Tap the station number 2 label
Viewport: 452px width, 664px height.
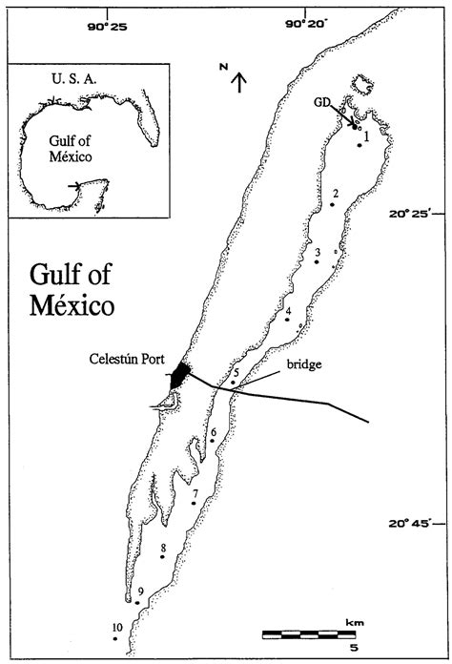pyautogui.click(x=336, y=194)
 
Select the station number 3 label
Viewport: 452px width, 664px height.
pyautogui.click(x=317, y=252)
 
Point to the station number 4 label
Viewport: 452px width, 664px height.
pyautogui.click(x=288, y=310)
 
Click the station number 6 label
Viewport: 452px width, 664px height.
pyautogui.click(x=214, y=433)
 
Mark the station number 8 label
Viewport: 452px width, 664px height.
pyautogui.click(x=164, y=548)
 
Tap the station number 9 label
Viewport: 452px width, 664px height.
pyautogui.click(x=140, y=592)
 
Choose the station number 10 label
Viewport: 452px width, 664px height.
pyautogui.click(x=116, y=627)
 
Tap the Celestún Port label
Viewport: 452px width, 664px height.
pyautogui.click(x=117, y=359)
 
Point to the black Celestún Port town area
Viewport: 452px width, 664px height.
pyautogui.click(x=179, y=374)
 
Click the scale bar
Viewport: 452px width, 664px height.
pyautogui.click(x=308, y=633)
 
